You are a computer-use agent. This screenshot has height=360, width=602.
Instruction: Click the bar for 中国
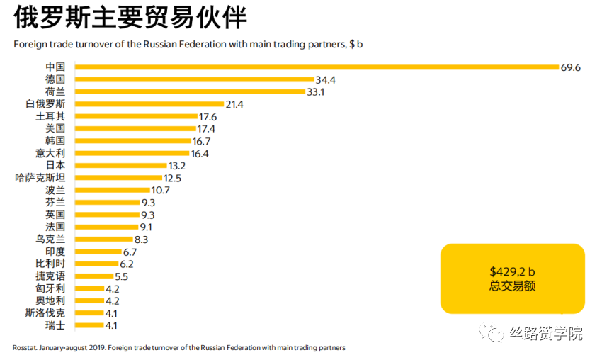pos(317,67)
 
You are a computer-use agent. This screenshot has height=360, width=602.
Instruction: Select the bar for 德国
pos(194,79)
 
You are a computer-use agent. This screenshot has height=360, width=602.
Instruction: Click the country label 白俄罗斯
pos(45,104)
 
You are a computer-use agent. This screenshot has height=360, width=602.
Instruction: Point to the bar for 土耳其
pos(136,116)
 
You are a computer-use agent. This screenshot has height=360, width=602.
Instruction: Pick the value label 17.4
pos(207,128)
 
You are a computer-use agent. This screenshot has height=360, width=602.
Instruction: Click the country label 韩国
pos(55,140)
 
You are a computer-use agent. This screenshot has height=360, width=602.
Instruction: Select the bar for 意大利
pos(132,153)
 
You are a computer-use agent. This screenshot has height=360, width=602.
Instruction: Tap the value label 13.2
pos(177,165)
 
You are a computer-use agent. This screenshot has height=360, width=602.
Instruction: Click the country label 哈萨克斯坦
pos(40,177)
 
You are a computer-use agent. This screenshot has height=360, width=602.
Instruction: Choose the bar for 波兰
pos(112,190)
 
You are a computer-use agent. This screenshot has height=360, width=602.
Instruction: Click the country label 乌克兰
pos(50,239)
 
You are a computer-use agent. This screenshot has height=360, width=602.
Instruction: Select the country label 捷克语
pos(50,276)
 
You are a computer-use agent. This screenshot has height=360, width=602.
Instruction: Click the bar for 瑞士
pos(89,325)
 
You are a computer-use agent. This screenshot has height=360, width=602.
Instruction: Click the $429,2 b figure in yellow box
pos(512,271)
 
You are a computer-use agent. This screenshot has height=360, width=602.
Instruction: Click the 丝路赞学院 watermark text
pos(545,333)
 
